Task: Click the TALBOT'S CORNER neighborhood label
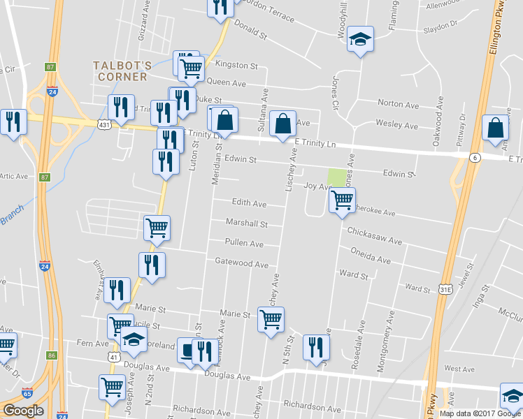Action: click(121, 71)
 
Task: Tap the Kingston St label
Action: click(236, 65)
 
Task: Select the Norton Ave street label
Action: click(398, 104)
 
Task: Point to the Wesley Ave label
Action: click(396, 126)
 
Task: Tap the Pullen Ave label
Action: click(244, 244)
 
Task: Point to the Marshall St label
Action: click(247, 223)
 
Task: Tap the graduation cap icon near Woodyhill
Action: click(361, 39)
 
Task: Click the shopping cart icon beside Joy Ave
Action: click(342, 200)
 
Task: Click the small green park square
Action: click(337, 177)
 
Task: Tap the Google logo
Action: click(23, 411)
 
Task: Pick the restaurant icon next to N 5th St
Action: click(316, 347)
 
